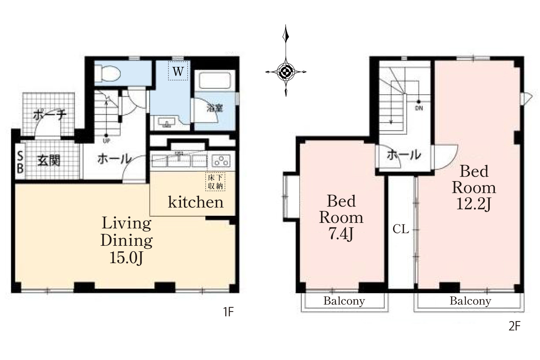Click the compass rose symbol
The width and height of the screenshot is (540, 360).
[x=286, y=71]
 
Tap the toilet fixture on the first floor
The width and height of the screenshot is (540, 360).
[x=107, y=72]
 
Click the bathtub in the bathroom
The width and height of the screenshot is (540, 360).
[x=214, y=80]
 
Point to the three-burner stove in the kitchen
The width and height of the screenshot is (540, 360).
[x=221, y=161]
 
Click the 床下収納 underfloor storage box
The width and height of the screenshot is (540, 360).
[x=215, y=182]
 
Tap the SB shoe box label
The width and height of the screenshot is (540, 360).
[x=20, y=162]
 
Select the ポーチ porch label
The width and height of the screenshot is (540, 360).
[x=49, y=115]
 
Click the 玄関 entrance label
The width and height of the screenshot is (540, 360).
[x=49, y=160]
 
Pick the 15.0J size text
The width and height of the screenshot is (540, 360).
[x=126, y=258]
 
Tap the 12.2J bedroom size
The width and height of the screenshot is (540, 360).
[x=474, y=204]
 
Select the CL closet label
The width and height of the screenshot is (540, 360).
[x=401, y=229]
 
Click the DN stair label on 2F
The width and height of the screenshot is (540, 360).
[x=419, y=108]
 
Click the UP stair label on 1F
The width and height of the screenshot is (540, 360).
[x=106, y=141]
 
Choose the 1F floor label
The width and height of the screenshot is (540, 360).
[x=228, y=312]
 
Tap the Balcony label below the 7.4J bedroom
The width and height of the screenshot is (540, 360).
[x=344, y=301]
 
